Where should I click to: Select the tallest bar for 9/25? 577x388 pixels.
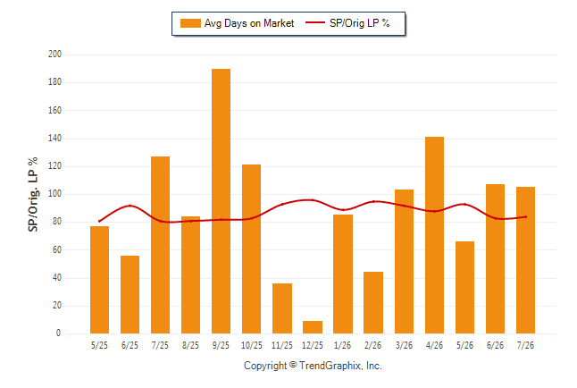point(221,201)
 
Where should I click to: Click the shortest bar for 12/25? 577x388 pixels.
point(313,327)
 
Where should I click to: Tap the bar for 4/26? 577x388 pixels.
point(434,235)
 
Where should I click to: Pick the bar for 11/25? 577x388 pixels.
point(282,308)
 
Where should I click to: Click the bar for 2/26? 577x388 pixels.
point(373,302)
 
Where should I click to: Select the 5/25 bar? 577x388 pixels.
point(99,280)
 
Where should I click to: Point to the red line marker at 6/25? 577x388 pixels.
point(130,206)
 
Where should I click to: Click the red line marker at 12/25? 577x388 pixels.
point(313,200)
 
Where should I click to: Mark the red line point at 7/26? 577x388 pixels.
point(525,217)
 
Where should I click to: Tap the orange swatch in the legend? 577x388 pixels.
point(190,23)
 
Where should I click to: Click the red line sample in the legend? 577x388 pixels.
point(315,23)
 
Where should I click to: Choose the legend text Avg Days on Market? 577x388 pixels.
point(249,23)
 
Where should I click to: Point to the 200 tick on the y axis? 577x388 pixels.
point(54,55)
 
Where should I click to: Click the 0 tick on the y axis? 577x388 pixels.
point(58,333)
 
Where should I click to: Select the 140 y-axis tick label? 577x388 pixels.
point(54,139)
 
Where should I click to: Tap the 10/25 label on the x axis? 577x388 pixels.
point(252,345)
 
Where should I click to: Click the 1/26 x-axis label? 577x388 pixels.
point(343,345)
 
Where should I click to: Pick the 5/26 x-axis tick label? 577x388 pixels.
point(464,345)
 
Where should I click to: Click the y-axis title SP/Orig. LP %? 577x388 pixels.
point(33,194)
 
